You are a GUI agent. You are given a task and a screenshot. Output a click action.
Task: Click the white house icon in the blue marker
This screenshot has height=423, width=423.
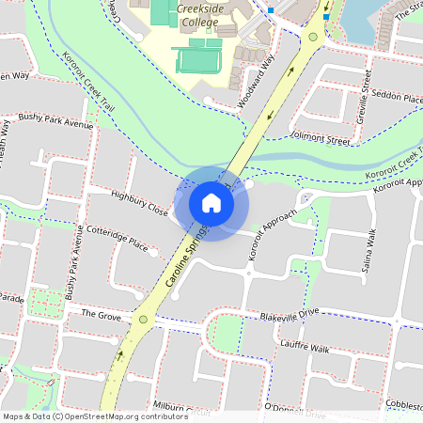211,202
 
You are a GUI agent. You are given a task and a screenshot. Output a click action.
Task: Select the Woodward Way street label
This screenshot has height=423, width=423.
257,69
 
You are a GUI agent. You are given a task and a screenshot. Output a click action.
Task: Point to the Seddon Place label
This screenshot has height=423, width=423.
396,97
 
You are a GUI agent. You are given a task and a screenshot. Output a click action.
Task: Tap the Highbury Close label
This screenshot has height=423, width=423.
139,204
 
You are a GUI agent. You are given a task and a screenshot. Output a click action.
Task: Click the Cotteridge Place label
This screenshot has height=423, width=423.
117,239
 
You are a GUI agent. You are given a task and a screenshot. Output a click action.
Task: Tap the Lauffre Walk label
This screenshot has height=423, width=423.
305,348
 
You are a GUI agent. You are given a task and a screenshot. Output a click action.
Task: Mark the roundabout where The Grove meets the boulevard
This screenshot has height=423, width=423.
144,320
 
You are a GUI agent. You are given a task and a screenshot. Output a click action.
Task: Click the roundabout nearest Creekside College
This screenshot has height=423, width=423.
312,39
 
